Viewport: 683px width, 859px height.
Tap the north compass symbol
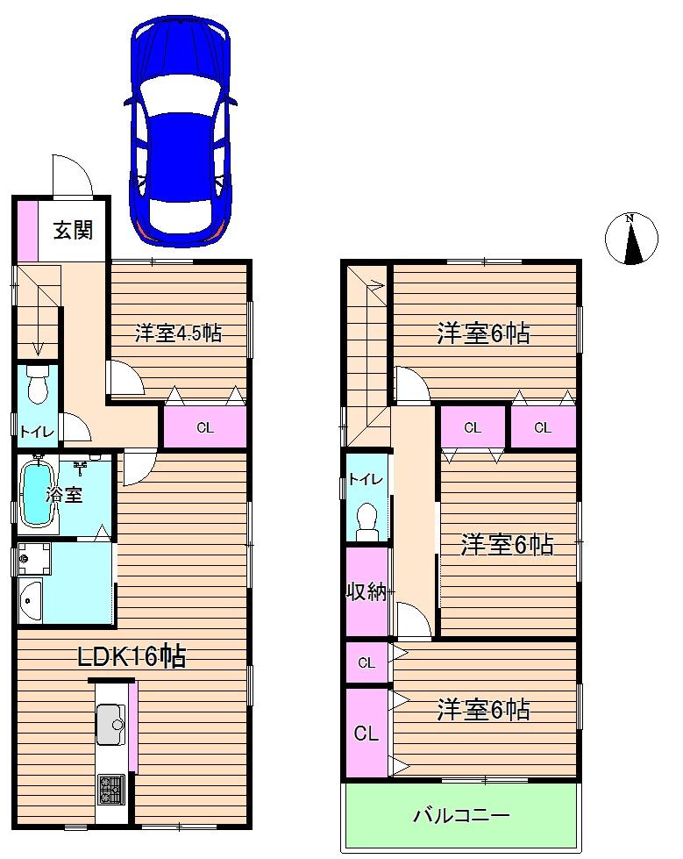631,239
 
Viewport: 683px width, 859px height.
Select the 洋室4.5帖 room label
178,333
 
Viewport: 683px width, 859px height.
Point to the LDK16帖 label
132,655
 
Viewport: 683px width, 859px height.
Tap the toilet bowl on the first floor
37,385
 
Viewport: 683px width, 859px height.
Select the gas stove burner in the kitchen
111,786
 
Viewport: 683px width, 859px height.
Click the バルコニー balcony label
461,816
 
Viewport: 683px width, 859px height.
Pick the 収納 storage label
365,591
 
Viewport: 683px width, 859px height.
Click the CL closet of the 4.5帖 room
204,428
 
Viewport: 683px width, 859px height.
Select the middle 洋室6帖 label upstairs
508,545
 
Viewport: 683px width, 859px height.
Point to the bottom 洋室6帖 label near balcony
483,709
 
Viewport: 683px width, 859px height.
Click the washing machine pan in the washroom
33,558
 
